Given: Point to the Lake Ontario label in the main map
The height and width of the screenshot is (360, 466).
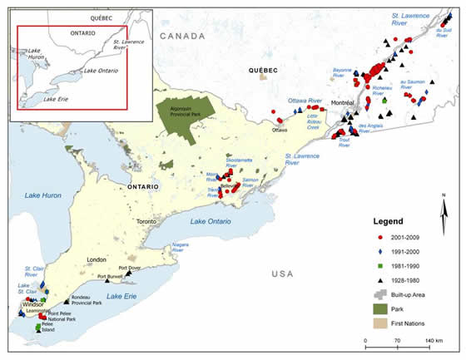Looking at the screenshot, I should click(x=210, y=220).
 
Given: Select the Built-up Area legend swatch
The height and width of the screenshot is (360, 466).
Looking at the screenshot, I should click(x=379, y=293).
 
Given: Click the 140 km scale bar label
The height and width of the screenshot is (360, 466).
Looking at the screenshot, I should click(x=433, y=341).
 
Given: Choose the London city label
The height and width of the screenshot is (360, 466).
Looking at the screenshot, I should click(x=96, y=261).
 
